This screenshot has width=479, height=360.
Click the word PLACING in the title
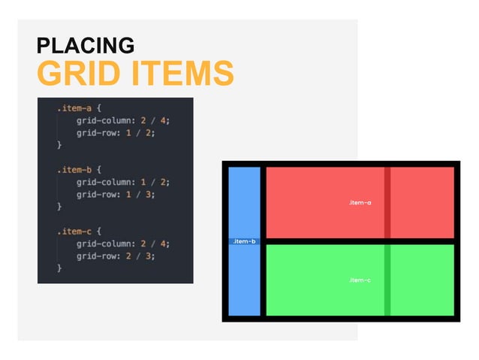(x=85, y=46)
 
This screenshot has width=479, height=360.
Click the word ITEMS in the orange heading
(x=182, y=74)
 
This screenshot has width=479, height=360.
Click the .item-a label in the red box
(x=360, y=203)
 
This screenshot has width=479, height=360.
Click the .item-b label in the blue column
(x=244, y=241)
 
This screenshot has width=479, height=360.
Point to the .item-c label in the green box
(x=360, y=280)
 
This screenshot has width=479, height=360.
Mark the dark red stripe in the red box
(x=387, y=201)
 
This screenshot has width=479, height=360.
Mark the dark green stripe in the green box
(x=387, y=280)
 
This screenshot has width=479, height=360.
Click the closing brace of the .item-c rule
(x=59, y=267)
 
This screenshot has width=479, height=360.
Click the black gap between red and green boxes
(x=360, y=241)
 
